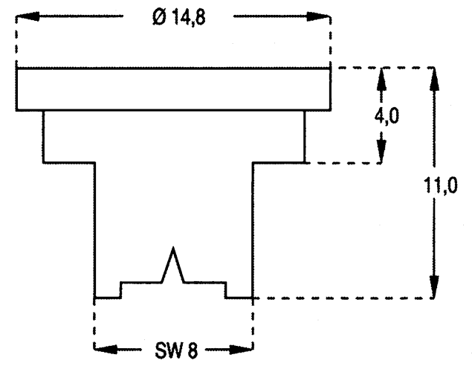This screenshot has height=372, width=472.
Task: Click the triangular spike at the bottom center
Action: coord(173,264)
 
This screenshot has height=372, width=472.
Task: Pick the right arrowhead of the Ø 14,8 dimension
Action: coord(321,16)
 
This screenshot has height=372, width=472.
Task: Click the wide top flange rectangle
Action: coord(173,89)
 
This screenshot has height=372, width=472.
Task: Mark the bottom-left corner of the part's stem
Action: coord(95,298)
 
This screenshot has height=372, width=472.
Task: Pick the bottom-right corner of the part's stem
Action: coord(253,298)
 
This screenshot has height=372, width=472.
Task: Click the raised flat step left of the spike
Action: coord(141,283)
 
